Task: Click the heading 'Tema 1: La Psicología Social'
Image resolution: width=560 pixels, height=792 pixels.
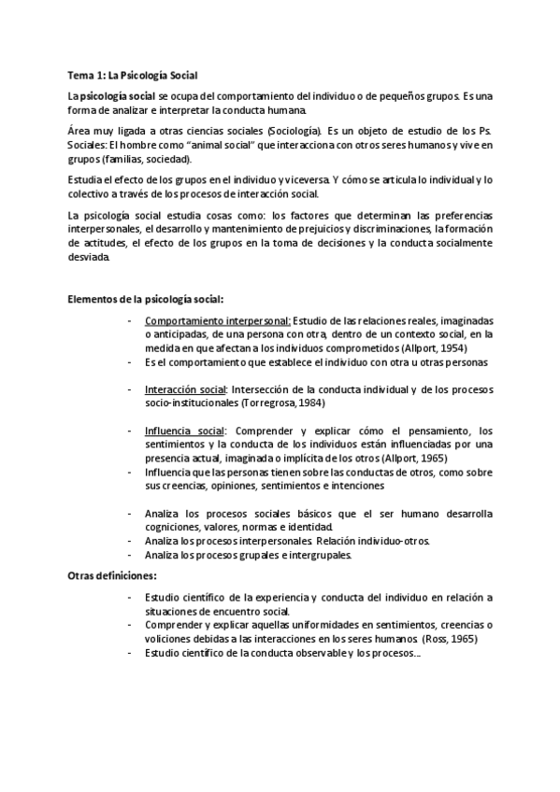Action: point(133,74)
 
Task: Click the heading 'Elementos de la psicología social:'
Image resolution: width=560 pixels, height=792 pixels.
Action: point(146,299)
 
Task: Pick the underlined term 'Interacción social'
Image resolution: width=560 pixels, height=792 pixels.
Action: point(186,389)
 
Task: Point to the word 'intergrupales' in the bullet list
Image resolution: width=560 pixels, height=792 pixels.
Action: point(322,555)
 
